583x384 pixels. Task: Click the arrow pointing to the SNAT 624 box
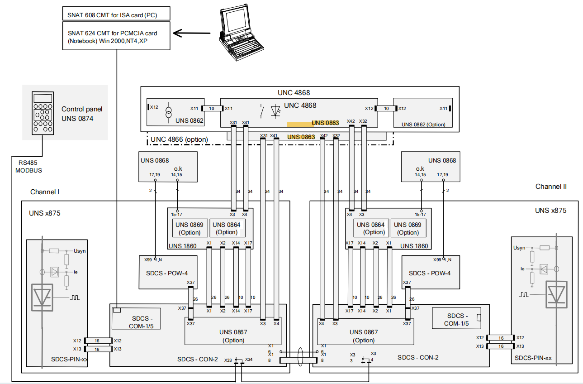coord(193,33)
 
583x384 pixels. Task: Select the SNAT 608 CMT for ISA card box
coord(117,14)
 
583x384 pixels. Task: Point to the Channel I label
coord(45,192)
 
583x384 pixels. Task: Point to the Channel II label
coord(551,187)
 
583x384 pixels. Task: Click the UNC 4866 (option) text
coord(179,139)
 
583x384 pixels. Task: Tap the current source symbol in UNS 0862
coord(168,111)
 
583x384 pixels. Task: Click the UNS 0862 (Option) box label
coord(423,125)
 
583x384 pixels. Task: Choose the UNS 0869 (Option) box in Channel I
coord(190,228)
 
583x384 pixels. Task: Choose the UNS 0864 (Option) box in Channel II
coord(371,228)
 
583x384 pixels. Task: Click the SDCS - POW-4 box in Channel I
coord(168,273)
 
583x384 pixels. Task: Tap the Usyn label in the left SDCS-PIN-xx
coord(80,251)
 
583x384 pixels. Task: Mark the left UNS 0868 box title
coord(155,160)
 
